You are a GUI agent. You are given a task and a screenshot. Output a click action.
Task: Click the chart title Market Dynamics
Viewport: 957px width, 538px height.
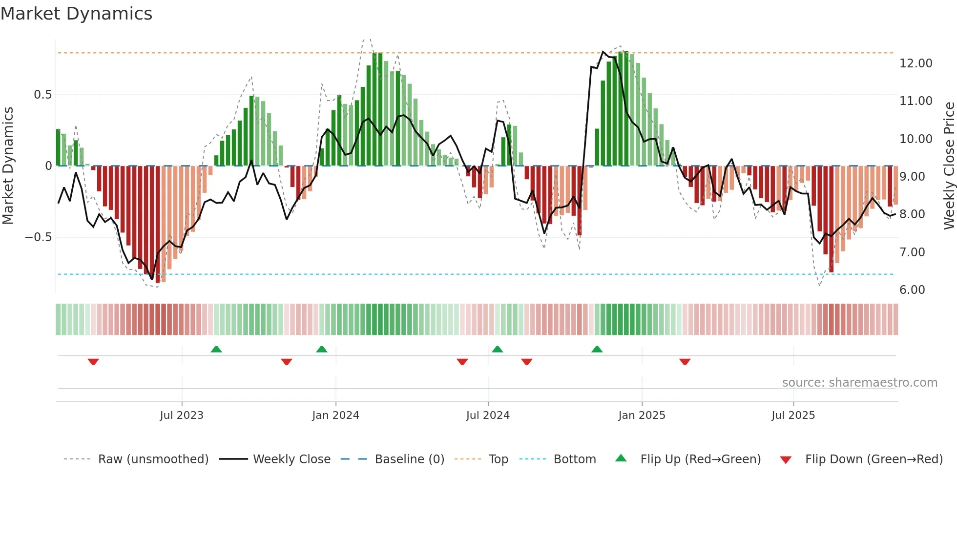coord(76,14)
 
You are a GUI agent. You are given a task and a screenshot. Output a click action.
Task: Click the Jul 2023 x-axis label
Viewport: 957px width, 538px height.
coord(181,415)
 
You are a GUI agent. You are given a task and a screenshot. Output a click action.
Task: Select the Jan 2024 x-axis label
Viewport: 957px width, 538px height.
coord(335,415)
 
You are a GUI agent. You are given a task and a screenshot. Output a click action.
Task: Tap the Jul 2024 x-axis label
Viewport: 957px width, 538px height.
coord(488,415)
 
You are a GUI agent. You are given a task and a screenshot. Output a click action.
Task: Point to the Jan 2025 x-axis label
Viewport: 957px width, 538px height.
coord(642,415)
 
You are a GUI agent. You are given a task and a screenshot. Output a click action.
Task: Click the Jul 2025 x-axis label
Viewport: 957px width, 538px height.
coord(793,415)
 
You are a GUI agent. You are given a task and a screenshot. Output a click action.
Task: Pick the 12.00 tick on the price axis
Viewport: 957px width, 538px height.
coord(915,63)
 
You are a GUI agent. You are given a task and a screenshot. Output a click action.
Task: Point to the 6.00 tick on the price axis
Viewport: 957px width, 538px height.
coord(912,290)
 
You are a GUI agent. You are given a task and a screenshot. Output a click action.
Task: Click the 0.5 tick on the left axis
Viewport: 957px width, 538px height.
coord(42,95)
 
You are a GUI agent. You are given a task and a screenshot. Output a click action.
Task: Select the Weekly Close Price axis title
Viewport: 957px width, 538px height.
coord(949,166)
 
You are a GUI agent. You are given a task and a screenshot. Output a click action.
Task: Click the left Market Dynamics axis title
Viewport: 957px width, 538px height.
coord(8,166)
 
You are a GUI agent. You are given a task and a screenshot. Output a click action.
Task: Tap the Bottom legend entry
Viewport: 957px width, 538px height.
coord(574,459)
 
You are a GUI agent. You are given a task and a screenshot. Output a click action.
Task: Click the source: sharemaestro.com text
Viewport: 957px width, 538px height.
coord(859,383)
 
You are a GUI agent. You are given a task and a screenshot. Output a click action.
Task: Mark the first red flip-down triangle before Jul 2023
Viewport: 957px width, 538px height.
coord(93,361)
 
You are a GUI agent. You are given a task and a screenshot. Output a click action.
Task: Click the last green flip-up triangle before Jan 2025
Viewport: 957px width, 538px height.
coord(597,350)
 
